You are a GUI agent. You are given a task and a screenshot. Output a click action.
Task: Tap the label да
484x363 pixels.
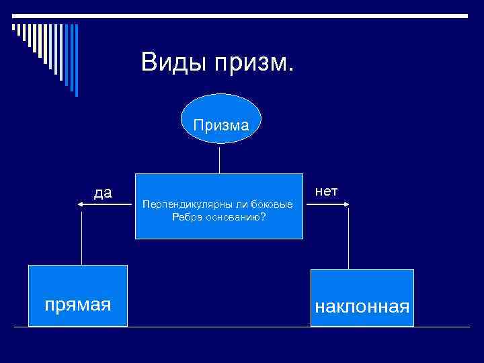point(103,193)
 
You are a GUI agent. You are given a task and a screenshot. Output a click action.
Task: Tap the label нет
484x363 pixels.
point(327,192)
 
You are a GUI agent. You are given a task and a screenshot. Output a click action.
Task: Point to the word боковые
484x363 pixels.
point(274,204)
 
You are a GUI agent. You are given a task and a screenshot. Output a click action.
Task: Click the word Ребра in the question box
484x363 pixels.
point(186,216)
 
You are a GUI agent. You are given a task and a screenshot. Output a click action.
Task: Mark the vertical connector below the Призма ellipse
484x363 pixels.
point(219,159)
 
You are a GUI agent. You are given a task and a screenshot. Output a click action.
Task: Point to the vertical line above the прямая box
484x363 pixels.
point(81,239)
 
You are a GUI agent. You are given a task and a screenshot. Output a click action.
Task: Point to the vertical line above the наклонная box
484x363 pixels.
point(348,239)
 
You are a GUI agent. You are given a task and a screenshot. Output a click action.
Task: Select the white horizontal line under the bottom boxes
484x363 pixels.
point(242,327)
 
